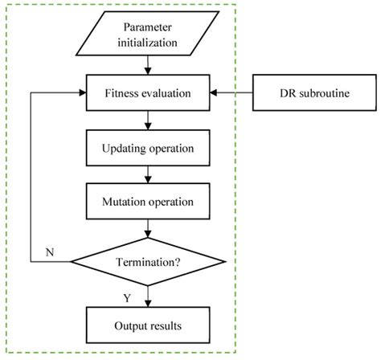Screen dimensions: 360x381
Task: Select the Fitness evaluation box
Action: click(146, 94)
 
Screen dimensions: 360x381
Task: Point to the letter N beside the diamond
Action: click(50, 253)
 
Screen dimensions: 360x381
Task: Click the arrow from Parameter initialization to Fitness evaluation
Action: click(146, 67)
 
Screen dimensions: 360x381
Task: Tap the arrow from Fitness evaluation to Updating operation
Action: click(146, 121)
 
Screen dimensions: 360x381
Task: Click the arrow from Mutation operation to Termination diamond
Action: click(146, 230)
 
